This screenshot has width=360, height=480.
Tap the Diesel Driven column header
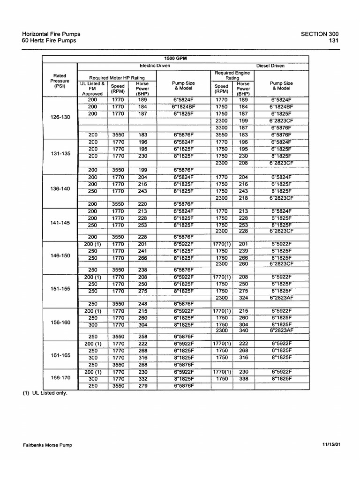click(x=270, y=66)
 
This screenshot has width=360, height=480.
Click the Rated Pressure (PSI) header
click(x=60, y=81)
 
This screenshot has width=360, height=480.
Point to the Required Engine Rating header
click(x=232, y=75)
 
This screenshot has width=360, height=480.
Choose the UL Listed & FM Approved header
click(x=92, y=89)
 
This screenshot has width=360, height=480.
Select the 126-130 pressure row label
click(x=60, y=117)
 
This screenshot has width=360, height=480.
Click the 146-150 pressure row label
click(x=60, y=256)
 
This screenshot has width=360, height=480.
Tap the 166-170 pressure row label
click(x=60, y=377)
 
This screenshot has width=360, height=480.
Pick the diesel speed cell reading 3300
click(x=221, y=127)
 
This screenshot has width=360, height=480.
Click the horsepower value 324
click(x=243, y=298)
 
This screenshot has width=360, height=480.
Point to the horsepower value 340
click(x=243, y=330)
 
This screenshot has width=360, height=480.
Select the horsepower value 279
click(x=142, y=386)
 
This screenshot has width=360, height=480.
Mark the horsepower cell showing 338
click(x=243, y=379)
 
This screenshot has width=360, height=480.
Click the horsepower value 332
click(x=142, y=379)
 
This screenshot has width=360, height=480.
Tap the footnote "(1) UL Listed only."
click(x=45, y=394)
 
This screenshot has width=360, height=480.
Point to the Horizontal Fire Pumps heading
click(x=51, y=34)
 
